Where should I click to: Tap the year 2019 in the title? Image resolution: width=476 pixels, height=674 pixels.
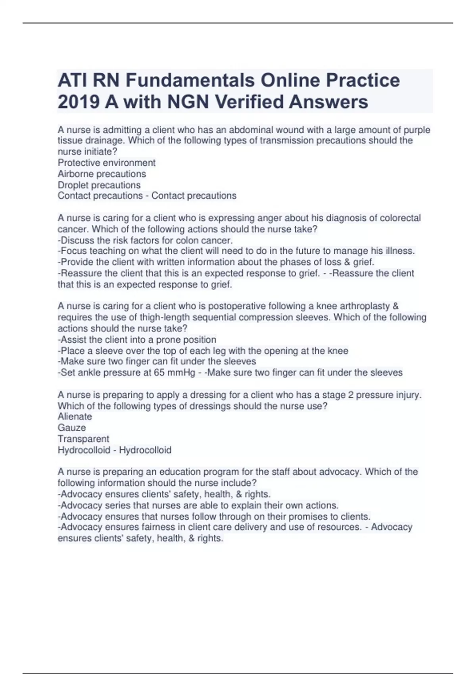79,102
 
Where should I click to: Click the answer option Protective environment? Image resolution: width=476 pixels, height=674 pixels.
106,163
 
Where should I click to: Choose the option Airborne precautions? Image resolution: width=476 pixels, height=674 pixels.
102,174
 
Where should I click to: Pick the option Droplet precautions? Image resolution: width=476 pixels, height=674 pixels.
99,185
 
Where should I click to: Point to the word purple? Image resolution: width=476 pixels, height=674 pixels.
417,130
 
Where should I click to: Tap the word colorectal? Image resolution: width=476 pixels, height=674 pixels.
400,218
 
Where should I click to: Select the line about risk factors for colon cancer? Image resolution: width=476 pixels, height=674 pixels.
145,240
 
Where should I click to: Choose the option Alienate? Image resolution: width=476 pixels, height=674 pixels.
75,416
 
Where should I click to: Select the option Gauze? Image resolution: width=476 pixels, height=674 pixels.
71,427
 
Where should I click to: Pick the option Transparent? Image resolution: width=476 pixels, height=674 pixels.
83,438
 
